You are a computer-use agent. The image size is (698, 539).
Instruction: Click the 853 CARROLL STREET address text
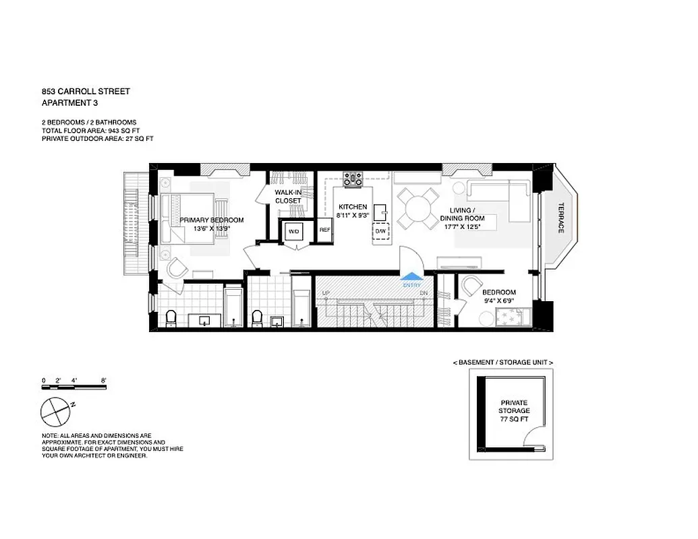click(86, 92)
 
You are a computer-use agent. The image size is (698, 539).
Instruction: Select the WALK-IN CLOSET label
click(288, 197)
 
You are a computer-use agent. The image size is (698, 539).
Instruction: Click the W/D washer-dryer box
click(294, 231)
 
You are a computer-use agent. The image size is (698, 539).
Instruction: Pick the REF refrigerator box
click(324, 230)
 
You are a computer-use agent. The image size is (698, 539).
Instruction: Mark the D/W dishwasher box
click(380, 231)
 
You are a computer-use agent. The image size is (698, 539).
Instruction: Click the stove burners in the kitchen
click(353, 179)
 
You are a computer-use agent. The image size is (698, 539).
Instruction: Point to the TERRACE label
click(560, 218)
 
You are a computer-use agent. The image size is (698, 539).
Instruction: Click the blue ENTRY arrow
click(410, 276)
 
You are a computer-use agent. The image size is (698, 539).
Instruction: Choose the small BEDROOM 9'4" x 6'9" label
click(499, 296)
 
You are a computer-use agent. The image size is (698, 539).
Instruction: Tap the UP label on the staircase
click(326, 294)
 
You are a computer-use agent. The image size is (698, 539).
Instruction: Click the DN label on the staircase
click(424, 294)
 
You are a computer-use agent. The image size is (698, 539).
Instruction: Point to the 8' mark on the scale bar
click(103, 381)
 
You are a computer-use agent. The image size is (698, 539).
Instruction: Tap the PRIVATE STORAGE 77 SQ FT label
click(515, 411)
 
